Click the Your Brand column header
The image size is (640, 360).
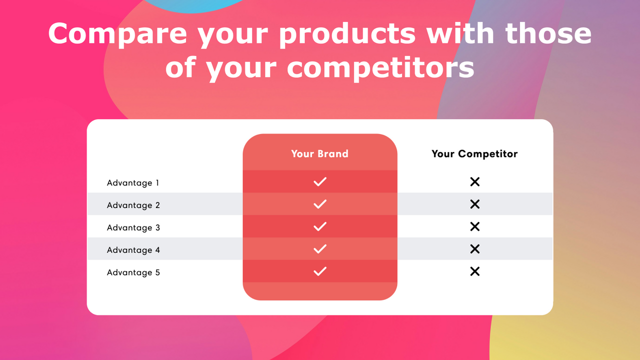tap(319, 153)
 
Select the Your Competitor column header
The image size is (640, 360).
tap(474, 153)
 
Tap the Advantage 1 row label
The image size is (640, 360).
tap(133, 183)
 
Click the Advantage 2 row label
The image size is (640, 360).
tap(133, 205)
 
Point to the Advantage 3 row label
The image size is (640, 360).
tap(133, 227)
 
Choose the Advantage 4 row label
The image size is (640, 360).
tap(133, 250)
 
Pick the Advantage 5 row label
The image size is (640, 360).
tap(133, 272)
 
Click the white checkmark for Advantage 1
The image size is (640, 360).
tap(320, 181)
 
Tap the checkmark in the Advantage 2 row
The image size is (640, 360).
tap(320, 204)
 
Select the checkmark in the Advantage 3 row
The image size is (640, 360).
tap(320, 226)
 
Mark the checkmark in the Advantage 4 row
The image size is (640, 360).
tap(320, 249)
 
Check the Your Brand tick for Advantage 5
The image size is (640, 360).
tap(320, 271)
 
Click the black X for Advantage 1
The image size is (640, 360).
tap(475, 181)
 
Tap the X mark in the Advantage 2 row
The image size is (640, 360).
tap(475, 204)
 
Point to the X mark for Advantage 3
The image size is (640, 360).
tap(475, 226)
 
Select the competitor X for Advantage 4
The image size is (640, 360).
tap(475, 249)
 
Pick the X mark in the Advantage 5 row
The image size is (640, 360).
tap(475, 271)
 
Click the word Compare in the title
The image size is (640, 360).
tap(117, 34)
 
